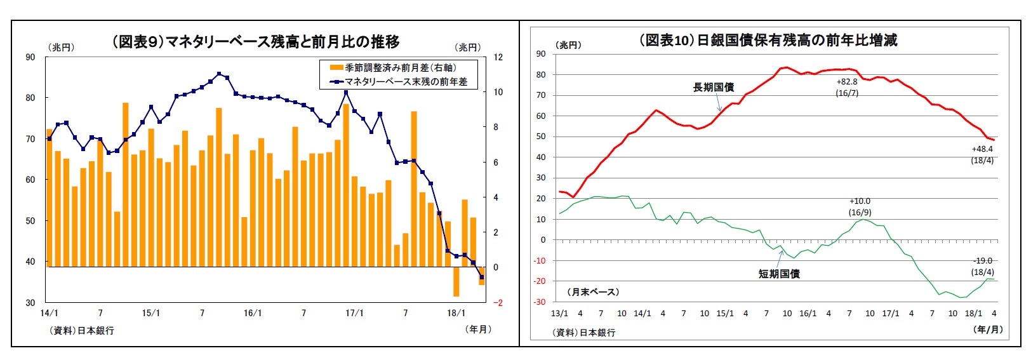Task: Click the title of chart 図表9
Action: [256, 42]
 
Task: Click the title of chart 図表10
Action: [768, 40]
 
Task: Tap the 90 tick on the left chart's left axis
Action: [30, 57]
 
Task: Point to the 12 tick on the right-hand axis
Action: [498, 57]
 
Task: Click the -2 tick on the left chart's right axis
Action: [498, 303]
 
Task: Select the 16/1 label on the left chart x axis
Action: [253, 313]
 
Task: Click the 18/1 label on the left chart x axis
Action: [456, 313]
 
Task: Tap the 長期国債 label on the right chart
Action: [714, 88]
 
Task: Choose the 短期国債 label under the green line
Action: [779, 274]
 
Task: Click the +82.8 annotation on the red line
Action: [847, 82]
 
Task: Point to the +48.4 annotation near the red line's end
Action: [982, 149]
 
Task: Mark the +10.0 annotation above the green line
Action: [860, 201]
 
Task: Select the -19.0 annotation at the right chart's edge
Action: [983, 261]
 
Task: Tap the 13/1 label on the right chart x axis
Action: [559, 313]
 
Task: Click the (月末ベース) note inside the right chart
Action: [593, 291]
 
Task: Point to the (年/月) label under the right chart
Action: [988, 329]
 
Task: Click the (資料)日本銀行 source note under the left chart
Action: [82, 331]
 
